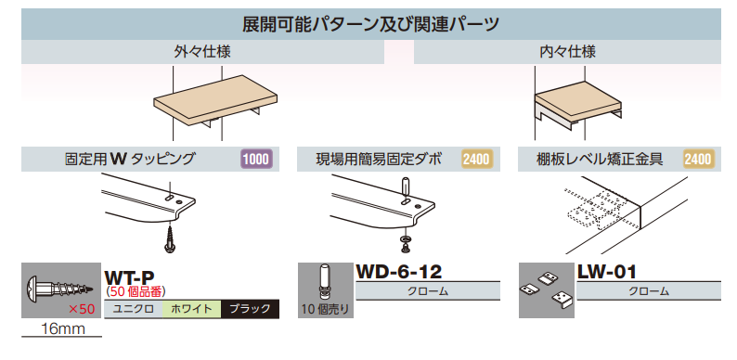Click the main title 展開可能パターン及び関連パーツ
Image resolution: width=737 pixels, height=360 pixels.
click(x=368, y=23)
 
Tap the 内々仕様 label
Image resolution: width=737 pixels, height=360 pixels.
click(x=567, y=51)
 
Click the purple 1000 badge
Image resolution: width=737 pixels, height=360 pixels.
click(x=256, y=160)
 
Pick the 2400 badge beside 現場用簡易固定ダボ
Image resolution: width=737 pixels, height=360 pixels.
click(x=476, y=160)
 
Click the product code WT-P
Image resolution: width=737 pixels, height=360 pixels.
click(x=129, y=276)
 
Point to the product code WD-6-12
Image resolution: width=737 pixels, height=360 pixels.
click(x=399, y=272)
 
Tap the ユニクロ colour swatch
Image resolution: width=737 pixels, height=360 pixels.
click(x=134, y=310)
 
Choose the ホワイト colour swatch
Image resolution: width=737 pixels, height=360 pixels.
click(x=191, y=310)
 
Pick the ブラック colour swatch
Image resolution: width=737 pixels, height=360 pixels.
click(x=250, y=310)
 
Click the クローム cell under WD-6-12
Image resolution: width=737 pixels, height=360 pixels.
click(x=428, y=291)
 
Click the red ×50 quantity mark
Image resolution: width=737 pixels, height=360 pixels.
click(x=82, y=308)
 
